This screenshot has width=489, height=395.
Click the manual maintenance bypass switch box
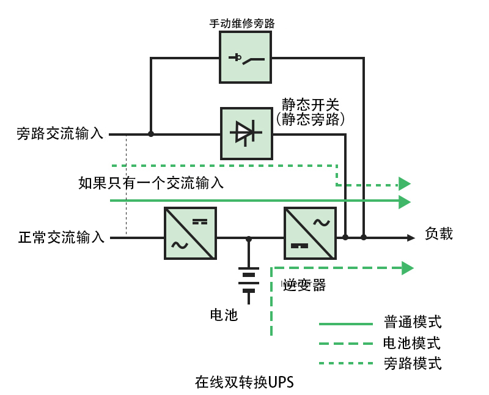tap(246, 58)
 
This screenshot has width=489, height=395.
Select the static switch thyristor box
tap(246, 133)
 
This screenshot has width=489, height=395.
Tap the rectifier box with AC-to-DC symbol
tap(190, 233)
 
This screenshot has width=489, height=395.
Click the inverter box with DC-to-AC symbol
tap(310, 233)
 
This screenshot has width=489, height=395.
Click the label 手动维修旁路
tap(242, 24)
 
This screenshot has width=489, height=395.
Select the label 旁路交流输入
tap(61, 134)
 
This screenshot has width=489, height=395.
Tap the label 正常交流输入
tap(62, 237)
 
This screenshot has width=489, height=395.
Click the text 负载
tap(439, 233)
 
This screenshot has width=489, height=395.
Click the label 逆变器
tap(304, 285)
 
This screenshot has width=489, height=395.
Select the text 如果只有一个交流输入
tap(151, 182)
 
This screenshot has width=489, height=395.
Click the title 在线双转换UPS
tap(244, 382)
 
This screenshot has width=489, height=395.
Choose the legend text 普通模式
tap(413, 322)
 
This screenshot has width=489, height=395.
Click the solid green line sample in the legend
tap(345, 323)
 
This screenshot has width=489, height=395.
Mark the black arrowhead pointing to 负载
tap(412, 237)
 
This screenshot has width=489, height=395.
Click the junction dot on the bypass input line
tap(151, 134)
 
